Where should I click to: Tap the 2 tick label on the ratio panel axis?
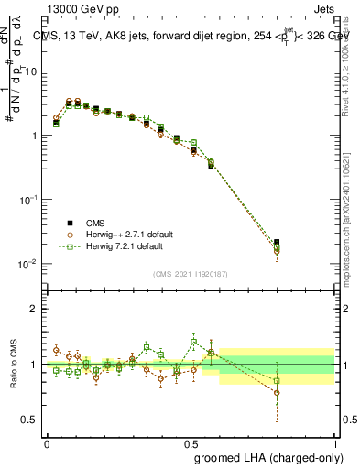coord(36,309)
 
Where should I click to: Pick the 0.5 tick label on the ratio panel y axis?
coord(32,420)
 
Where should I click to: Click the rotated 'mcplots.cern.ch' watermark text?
coord(348,220)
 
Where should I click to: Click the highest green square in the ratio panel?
coord(193,342)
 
